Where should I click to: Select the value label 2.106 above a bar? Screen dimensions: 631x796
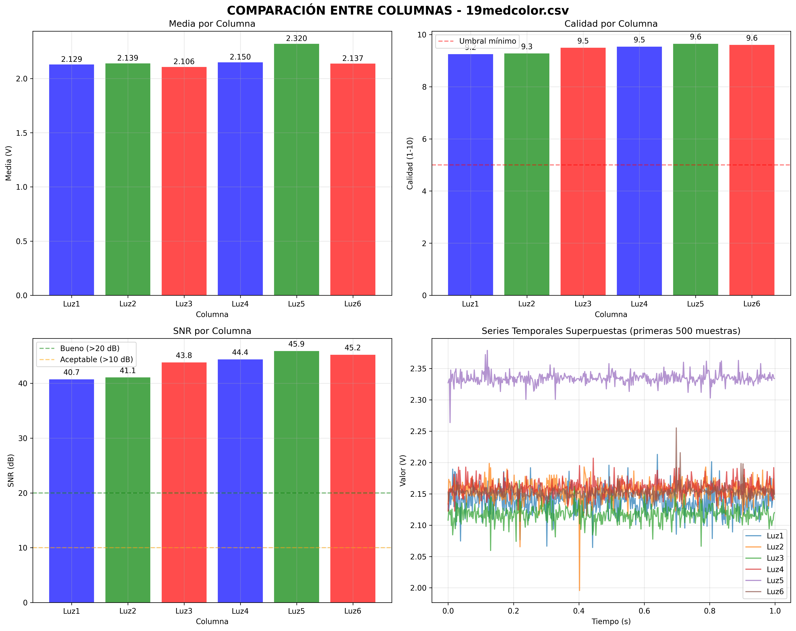click(x=184, y=62)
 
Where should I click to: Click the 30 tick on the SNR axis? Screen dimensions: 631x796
click(x=23, y=438)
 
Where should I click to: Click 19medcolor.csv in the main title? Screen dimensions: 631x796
click(x=517, y=10)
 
